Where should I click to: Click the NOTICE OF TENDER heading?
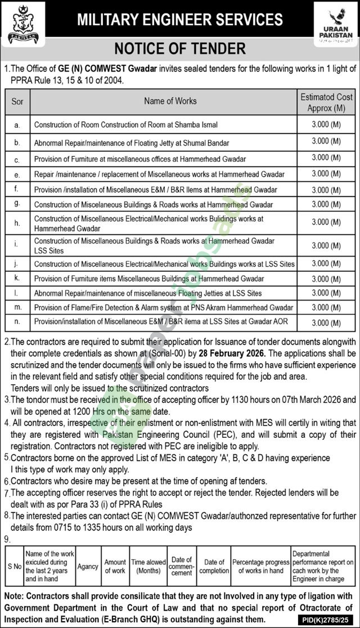click(x=181, y=48)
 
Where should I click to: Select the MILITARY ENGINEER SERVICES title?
click(x=179, y=20)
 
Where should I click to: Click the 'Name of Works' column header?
click(x=170, y=101)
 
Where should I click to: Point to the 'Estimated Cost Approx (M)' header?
click(x=327, y=102)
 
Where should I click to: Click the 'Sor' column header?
click(x=17, y=101)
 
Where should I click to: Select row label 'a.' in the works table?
click(x=17, y=124)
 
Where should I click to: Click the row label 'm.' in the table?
click(x=17, y=308)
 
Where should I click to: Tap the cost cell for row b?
click(x=327, y=142)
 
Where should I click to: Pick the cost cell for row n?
click(x=327, y=323)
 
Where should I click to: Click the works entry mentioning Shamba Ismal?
click(x=126, y=124)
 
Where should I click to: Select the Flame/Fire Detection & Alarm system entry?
click(x=163, y=308)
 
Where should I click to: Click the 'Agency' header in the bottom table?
click(x=88, y=562)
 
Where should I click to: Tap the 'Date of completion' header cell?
click(x=214, y=566)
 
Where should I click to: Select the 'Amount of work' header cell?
click(x=115, y=566)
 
